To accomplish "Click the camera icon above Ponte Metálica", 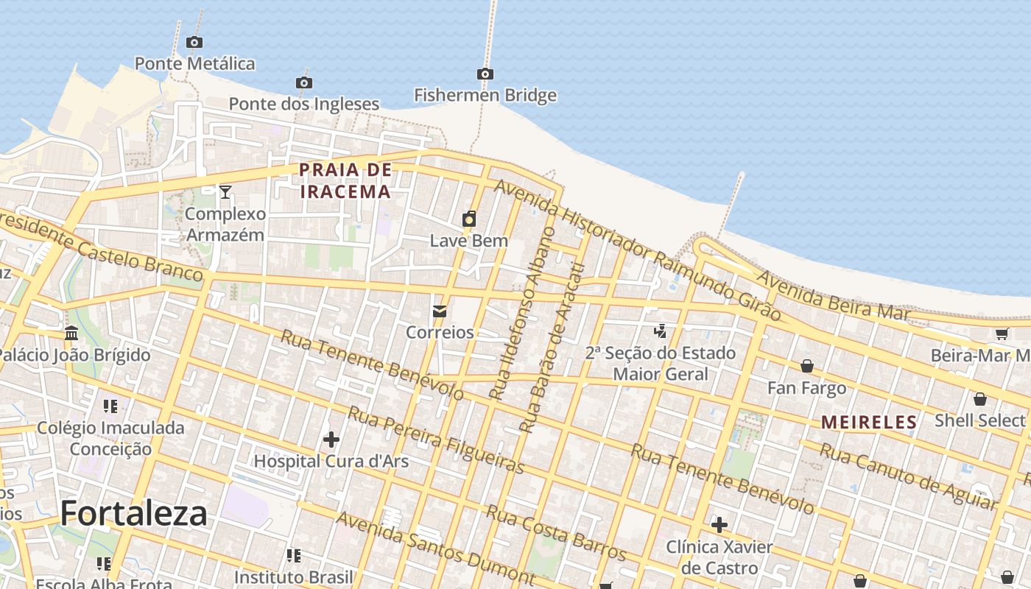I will click(194, 43).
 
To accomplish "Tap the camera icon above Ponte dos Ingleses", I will click(303, 82).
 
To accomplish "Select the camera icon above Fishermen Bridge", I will click(485, 74).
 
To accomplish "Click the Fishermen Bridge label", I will click(485, 95).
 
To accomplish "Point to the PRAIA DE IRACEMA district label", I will click(345, 181).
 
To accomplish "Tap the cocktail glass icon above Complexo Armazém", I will click(225, 192).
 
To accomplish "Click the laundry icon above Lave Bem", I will click(469, 219).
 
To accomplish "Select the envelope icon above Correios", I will click(440, 311).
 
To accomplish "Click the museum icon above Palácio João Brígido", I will click(71, 334).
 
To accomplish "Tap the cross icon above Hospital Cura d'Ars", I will click(331, 440).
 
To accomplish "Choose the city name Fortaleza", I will click(134, 513).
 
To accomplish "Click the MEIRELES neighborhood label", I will click(869, 423).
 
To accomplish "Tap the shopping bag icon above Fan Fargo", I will click(807, 366).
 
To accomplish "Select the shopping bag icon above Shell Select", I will click(980, 399).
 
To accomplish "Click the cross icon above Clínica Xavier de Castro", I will click(719, 525).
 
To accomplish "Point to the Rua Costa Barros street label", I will click(557, 532).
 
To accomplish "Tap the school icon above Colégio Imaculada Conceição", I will click(110, 406).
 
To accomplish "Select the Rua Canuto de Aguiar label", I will click(907, 476).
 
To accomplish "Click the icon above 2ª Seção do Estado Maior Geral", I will click(661, 331).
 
